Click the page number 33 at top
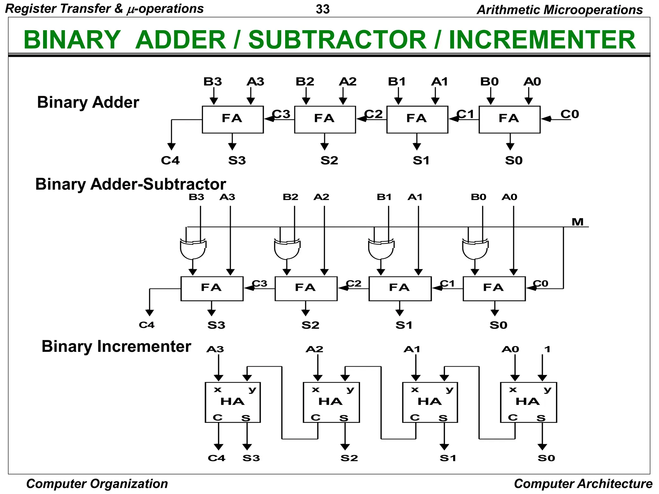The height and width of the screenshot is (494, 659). pyautogui.click(x=322, y=9)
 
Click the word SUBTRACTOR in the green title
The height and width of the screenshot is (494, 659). pyautogui.click(x=337, y=40)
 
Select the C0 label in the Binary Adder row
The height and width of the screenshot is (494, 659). pyautogui.click(x=570, y=114)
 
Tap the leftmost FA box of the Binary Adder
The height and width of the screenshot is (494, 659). pyautogui.click(x=233, y=119)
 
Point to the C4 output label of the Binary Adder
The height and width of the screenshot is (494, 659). pyautogui.click(x=170, y=160)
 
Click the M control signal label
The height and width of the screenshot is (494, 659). pyautogui.click(x=578, y=222)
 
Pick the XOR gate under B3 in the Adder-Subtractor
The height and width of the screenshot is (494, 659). pyautogui.click(x=193, y=249)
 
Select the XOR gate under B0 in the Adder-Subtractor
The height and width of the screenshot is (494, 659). pyautogui.click(x=475, y=249)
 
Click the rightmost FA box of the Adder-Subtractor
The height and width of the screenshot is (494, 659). pyautogui.click(x=494, y=288)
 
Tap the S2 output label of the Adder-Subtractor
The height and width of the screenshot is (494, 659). pyautogui.click(x=310, y=325)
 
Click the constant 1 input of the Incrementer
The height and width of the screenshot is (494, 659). pyautogui.click(x=547, y=349)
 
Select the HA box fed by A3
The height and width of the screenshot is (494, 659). pyautogui.click(x=233, y=402)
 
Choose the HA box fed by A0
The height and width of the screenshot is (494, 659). pyautogui.click(x=528, y=402)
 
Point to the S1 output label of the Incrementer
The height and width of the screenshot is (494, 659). pyautogui.click(x=448, y=458)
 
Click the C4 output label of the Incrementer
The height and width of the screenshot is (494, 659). pyautogui.click(x=217, y=458)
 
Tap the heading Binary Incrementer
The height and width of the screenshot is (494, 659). pyautogui.click(x=116, y=347)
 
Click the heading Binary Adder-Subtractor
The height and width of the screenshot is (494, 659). pyautogui.click(x=130, y=184)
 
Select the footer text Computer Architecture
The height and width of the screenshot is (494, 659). pyautogui.click(x=583, y=484)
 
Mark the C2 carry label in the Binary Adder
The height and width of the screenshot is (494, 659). pyautogui.click(x=374, y=114)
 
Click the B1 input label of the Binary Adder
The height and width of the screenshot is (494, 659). pyautogui.click(x=397, y=82)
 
